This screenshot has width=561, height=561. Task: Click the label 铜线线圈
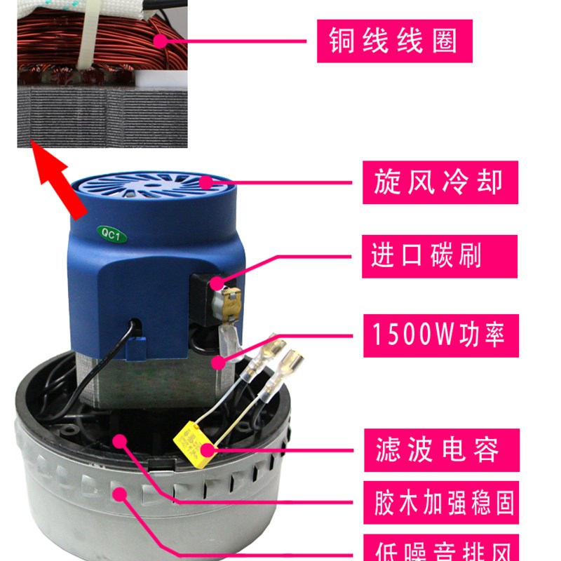coord(393,41)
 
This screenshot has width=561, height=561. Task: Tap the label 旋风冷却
coord(440,182)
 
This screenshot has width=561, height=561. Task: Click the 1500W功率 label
coord(440,335)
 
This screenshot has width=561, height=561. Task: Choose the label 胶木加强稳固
coord(442,502)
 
